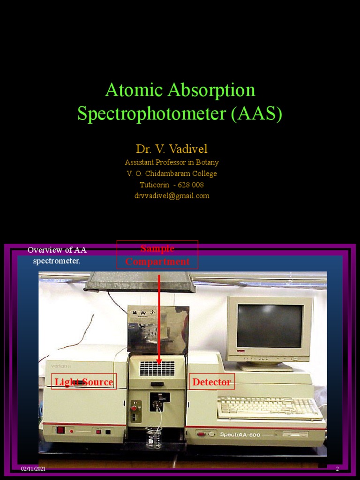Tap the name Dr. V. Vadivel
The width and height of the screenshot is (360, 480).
coord(172,149)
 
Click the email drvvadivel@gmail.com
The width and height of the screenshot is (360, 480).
coord(172,195)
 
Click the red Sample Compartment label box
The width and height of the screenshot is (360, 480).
coord(157,255)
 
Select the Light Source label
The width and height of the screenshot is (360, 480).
coord(84,382)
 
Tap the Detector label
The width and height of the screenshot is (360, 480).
coord(211,382)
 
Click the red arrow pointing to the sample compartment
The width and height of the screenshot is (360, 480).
coord(159,319)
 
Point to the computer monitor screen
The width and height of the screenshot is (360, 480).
coord(269,325)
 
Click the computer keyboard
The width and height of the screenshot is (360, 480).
coord(270,407)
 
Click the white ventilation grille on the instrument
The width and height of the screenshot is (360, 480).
coord(157,368)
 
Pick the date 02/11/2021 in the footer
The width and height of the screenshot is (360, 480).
coord(33,469)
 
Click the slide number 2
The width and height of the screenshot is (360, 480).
coord(337,469)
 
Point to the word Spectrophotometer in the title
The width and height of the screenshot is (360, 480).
coord(152,114)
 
